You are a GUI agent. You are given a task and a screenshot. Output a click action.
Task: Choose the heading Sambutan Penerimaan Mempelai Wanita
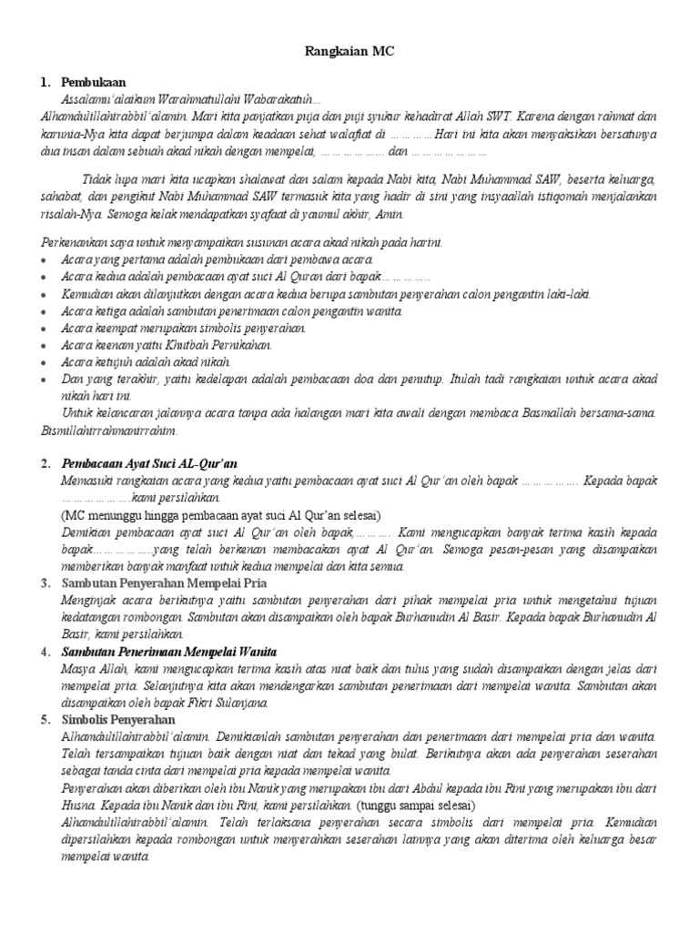[x=168, y=653]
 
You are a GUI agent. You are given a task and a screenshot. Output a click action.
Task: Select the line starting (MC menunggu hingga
[x=214, y=513]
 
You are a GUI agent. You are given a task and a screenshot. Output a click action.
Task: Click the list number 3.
[x=46, y=582]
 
